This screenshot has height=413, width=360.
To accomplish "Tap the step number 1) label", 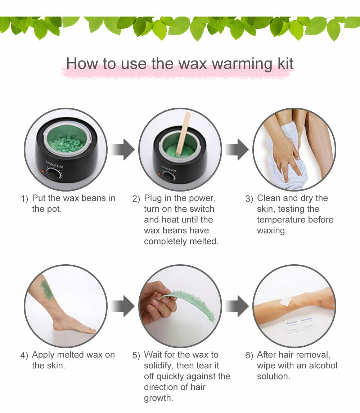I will click(x=24, y=199).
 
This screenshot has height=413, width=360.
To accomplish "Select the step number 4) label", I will click(x=24, y=355).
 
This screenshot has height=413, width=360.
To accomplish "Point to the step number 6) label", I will click(x=249, y=355).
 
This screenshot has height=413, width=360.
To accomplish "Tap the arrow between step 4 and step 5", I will click(x=123, y=306).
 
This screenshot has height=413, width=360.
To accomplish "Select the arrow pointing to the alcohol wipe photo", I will click(x=237, y=306).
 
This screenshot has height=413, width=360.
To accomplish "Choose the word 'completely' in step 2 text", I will click(x=161, y=241).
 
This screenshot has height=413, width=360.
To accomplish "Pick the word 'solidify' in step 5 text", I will click(x=159, y=365).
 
